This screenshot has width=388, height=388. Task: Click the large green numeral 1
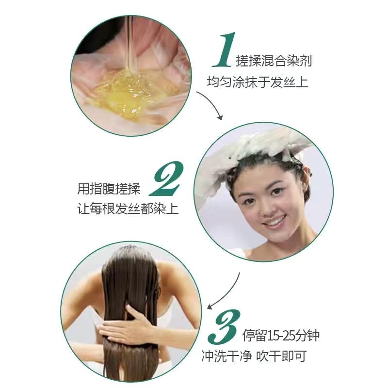click(x=224, y=50)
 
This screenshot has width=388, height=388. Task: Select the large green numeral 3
click(x=224, y=326)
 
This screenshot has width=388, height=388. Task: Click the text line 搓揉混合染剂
click(x=274, y=61)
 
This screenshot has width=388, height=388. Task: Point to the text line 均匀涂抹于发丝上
click(x=258, y=81)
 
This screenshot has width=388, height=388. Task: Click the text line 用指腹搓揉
click(x=109, y=189)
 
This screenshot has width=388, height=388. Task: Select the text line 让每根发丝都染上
click(x=128, y=209)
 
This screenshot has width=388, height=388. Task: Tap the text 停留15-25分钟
click(x=281, y=335)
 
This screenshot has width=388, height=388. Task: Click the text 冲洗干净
click(x=226, y=356)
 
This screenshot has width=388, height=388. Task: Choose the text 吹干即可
click(x=281, y=356)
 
